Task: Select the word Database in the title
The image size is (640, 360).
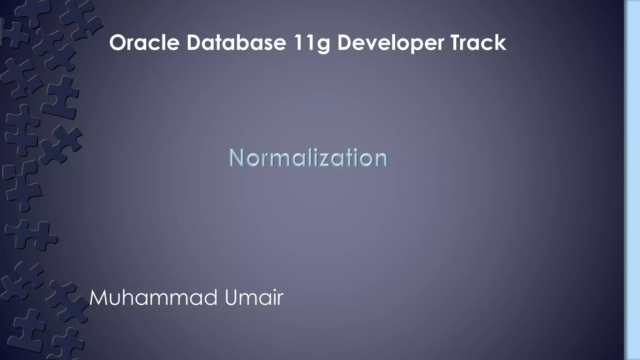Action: [x=236, y=43]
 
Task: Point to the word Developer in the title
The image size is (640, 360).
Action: [x=390, y=43]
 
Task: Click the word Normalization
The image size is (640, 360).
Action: [x=308, y=158]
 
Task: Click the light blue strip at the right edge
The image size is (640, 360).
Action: [x=632, y=180]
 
